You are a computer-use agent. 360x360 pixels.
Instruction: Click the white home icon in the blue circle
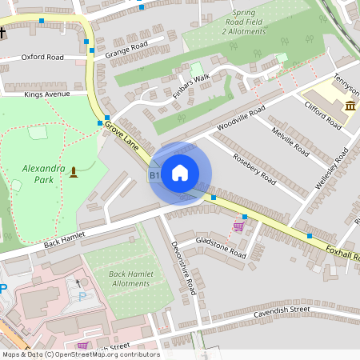(x=180, y=173)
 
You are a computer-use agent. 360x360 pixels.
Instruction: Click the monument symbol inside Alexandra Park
(x=74, y=171)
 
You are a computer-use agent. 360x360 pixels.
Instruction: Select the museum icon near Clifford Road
(x=350, y=106)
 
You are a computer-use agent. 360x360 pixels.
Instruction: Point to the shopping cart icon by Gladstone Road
(x=238, y=227)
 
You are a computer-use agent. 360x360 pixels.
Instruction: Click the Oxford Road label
(x=42, y=58)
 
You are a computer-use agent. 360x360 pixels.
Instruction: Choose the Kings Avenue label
(x=47, y=94)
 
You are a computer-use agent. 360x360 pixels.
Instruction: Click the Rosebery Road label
(x=254, y=169)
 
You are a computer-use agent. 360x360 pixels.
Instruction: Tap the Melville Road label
(x=290, y=141)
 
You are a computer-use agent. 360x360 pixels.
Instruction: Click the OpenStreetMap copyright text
(x=80, y=354)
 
